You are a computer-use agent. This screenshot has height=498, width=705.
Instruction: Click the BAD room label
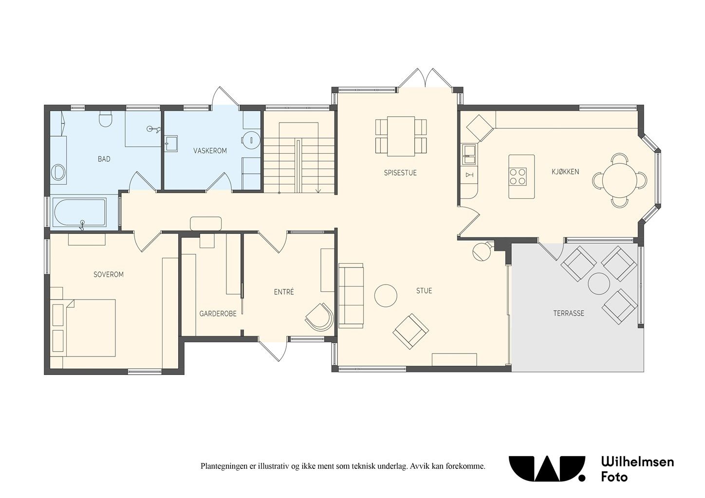(104, 159)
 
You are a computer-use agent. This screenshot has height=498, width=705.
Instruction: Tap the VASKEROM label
(210, 151)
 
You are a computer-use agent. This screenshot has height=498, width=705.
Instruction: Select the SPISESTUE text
(400, 173)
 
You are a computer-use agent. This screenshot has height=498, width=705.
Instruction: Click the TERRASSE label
(569, 313)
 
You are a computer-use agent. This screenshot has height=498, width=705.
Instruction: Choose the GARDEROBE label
(218, 314)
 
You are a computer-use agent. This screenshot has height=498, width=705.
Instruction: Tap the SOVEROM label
(109, 274)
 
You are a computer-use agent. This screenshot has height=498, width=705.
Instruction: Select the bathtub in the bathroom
(80, 212)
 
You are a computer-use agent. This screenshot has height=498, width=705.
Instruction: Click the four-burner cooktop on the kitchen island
(518, 177)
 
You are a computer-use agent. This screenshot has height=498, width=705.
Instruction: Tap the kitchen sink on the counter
(469, 154)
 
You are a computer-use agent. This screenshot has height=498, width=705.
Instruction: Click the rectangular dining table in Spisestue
(401, 136)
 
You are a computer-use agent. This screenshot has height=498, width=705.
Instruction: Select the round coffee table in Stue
(386, 296)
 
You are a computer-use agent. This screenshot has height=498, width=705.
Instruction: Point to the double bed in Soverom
(83, 328)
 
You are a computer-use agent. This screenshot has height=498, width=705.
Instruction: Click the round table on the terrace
(599, 283)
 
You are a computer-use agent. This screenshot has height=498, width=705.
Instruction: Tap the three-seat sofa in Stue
(351, 296)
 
